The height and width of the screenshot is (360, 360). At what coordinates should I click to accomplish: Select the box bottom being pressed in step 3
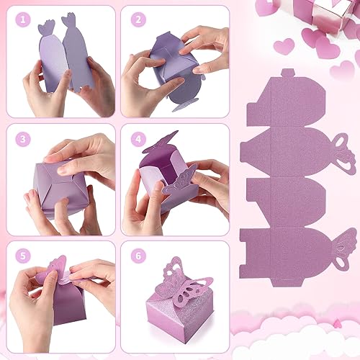[x=58, y=191]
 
